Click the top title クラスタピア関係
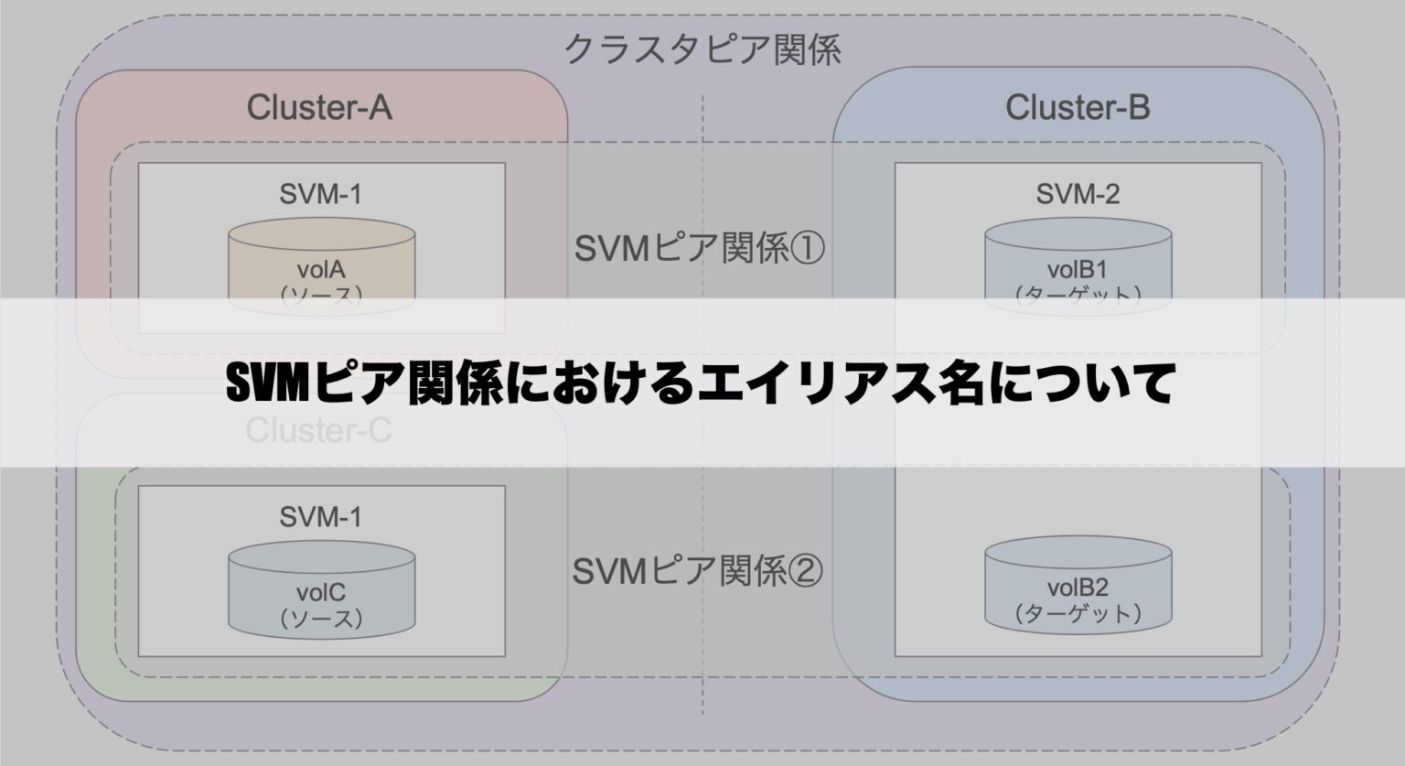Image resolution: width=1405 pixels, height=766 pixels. click(x=702, y=49)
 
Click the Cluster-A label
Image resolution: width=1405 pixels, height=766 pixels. click(x=319, y=108)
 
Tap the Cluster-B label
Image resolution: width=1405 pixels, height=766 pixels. click(x=1078, y=108)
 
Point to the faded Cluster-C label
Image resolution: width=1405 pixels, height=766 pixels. click(x=318, y=430)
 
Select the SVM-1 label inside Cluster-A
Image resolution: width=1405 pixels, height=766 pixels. click(x=320, y=194)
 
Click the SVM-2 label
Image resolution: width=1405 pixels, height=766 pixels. click(x=1078, y=194)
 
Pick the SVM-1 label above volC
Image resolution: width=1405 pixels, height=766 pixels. click(x=320, y=517)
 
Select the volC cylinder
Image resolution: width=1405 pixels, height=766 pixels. click(x=321, y=590)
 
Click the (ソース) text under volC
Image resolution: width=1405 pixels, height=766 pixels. click(x=321, y=619)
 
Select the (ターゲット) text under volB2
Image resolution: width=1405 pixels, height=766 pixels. click(x=1078, y=613)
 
